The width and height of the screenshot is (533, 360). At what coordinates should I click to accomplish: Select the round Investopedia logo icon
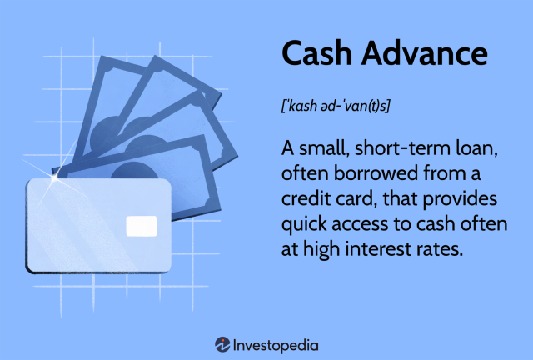222,343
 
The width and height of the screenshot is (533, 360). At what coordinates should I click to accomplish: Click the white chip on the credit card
141,225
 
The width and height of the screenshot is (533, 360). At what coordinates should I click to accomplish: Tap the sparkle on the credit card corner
55,178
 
